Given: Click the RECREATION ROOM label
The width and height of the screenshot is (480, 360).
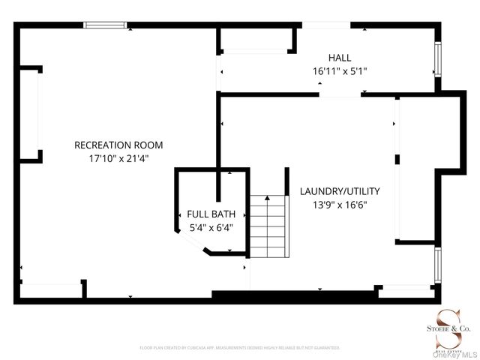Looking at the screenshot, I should point(118,145).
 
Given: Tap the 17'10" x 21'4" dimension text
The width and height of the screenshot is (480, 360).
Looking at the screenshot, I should point(118,158).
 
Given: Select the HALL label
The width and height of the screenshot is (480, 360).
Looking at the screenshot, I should point(339,58).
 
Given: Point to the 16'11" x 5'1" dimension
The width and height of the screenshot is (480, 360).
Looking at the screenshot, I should point(339,71).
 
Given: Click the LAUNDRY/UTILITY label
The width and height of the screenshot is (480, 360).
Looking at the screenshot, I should point(340,190).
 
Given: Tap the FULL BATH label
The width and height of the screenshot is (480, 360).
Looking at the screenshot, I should point(205,214).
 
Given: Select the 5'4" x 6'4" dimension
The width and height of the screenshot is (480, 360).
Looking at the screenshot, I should point(205,226).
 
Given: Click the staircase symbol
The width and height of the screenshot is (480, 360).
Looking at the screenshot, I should point(268,225).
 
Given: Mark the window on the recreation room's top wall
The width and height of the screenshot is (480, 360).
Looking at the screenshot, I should point(104,25).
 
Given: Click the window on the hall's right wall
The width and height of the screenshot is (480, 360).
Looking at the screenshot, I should point(438,58).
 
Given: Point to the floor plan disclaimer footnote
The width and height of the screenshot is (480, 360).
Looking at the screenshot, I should point(240,348).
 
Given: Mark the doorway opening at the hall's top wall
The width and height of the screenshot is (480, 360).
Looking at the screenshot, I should point(325,25).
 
